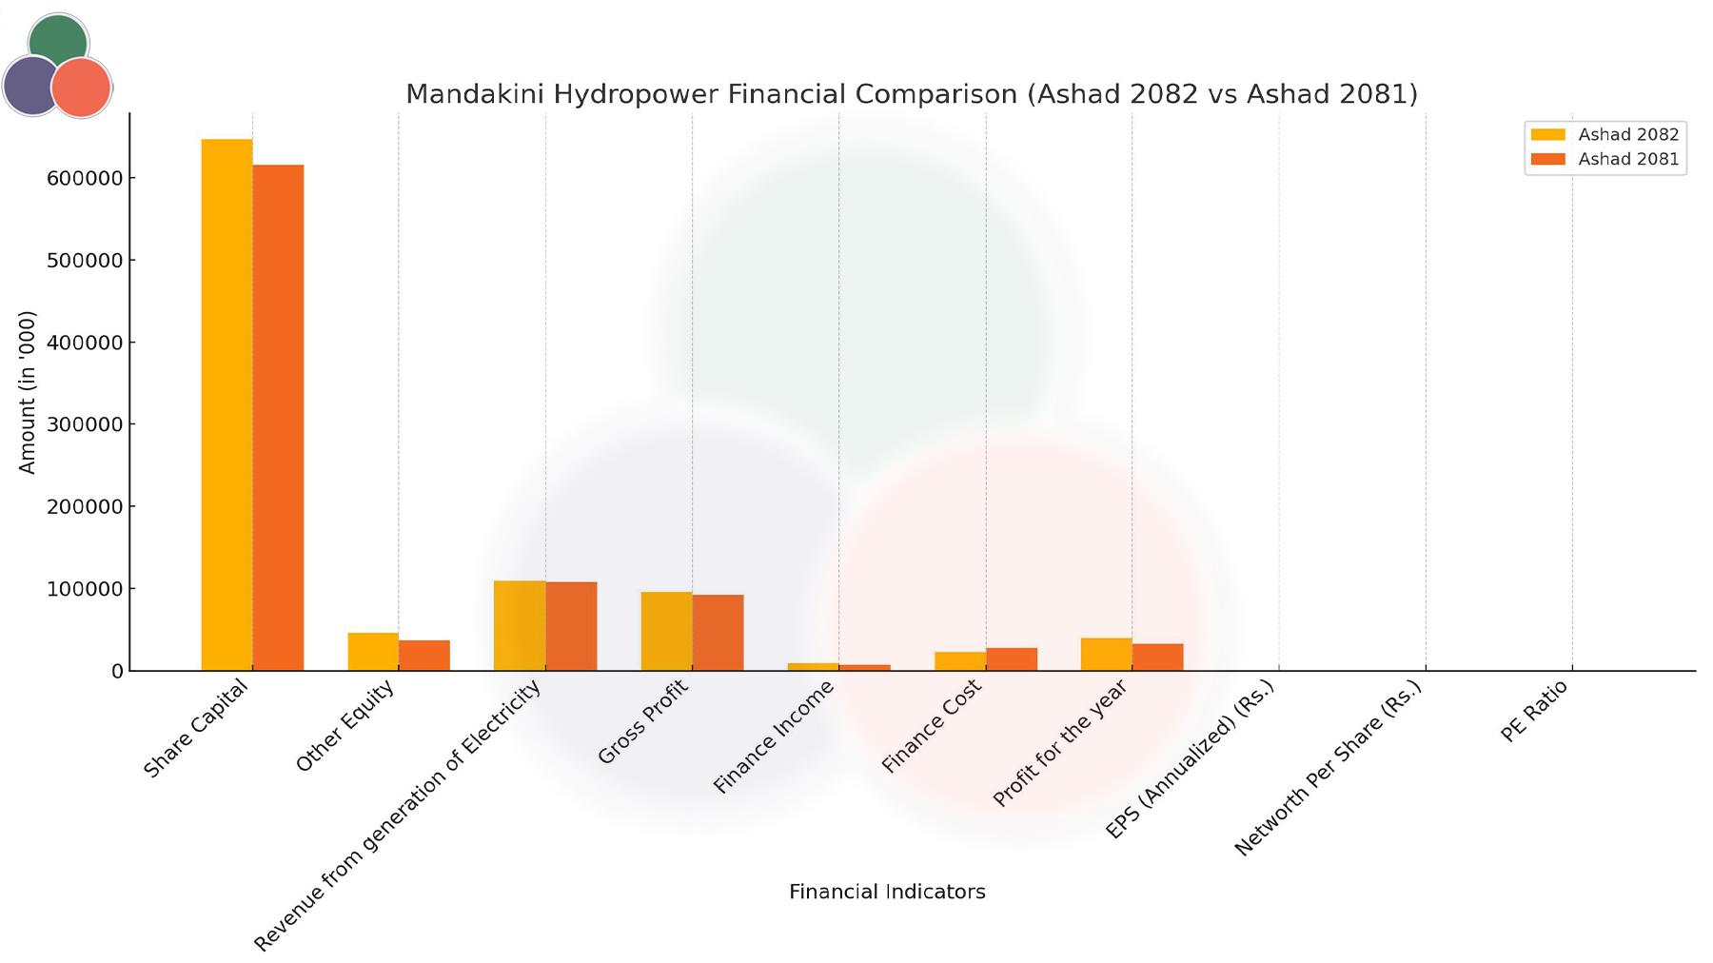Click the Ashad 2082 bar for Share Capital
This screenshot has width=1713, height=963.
[x=226, y=404]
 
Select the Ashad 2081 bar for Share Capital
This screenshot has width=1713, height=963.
[x=278, y=418]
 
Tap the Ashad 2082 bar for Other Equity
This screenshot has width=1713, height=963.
[x=373, y=652]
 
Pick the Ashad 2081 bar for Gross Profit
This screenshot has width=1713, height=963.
[x=718, y=633]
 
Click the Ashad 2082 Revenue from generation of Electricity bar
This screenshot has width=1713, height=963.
[x=520, y=625]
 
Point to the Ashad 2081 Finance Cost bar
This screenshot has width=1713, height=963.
[x=1012, y=659]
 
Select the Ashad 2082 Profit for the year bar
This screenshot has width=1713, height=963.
[x=1106, y=655]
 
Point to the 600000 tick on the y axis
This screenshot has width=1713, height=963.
[x=85, y=178]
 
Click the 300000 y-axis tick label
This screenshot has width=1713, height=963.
[x=85, y=424]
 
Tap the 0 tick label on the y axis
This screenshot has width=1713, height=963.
[x=117, y=671]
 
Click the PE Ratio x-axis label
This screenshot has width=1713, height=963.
[x=1533, y=711]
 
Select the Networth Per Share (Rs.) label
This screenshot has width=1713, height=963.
[x=1327, y=769]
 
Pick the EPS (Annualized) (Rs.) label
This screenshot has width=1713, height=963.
[x=1189, y=760]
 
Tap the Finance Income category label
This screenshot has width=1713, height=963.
[x=773, y=737]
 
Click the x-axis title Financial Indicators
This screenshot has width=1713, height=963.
[x=887, y=892]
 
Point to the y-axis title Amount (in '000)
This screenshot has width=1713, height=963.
[x=27, y=392]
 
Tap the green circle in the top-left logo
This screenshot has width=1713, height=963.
[x=59, y=38]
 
